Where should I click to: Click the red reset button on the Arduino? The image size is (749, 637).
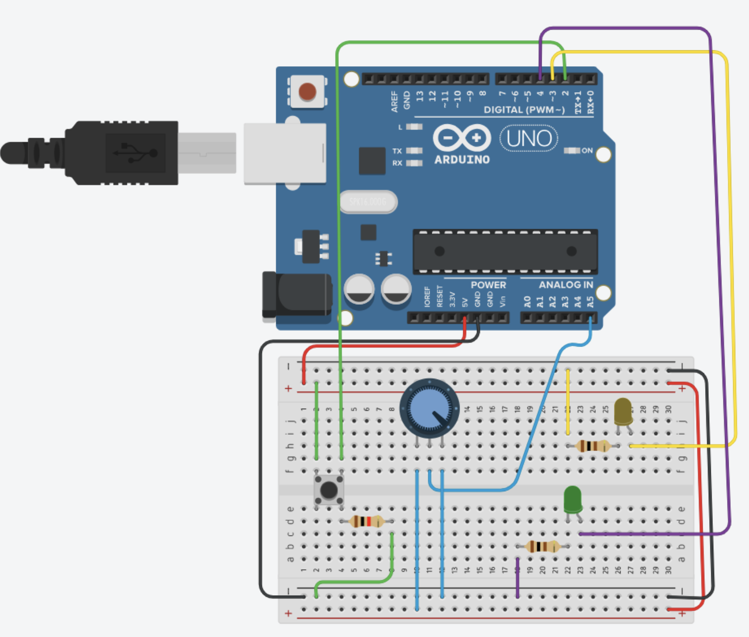click(x=307, y=92)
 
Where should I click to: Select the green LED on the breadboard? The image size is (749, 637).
click(x=573, y=500)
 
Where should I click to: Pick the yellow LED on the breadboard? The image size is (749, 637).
click(x=623, y=412)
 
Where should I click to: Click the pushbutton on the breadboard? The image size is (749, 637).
click(x=329, y=490)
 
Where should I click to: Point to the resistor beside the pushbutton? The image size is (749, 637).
click(x=366, y=521)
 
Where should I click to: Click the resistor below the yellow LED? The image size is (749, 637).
click(x=593, y=446)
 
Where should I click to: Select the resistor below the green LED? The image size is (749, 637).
click(x=543, y=547)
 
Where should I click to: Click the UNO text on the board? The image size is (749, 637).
click(x=529, y=138)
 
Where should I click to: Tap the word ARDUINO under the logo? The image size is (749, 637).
click(x=462, y=160)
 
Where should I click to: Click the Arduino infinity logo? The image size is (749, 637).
click(x=462, y=138)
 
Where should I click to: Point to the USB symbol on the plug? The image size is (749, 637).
click(x=136, y=152)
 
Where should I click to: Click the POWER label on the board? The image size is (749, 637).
click(x=488, y=285)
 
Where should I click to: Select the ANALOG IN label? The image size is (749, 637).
click(x=566, y=285)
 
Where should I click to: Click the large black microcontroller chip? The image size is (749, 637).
click(x=505, y=252)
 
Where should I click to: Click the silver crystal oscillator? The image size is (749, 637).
click(x=368, y=202)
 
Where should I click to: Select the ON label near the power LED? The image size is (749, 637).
click(x=587, y=150)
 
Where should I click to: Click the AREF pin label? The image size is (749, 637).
click(x=394, y=101)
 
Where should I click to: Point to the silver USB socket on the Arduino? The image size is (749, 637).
click(x=285, y=153)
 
